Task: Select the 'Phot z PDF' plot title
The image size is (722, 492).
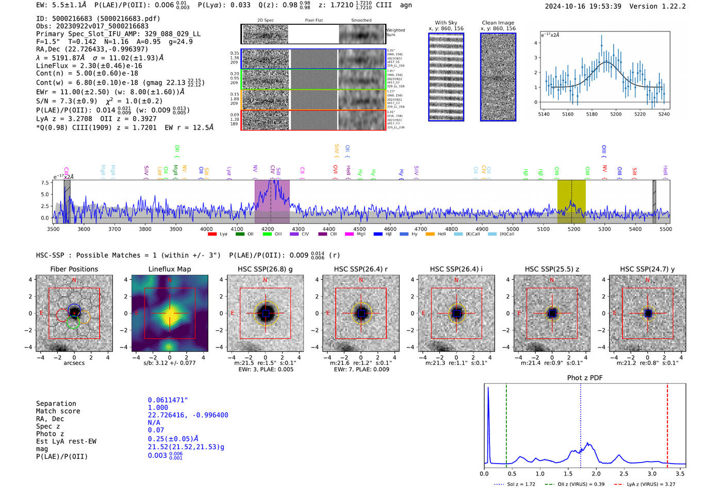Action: click(584, 377)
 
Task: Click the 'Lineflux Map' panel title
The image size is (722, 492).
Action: click(169, 269)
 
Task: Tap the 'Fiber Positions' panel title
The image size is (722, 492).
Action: click(74, 269)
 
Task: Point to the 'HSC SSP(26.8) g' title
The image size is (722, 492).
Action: click(265, 269)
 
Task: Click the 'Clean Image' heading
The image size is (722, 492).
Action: click(498, 23)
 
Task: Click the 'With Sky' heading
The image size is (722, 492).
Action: click(446, 23)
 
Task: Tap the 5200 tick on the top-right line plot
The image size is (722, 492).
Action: click(616, 114)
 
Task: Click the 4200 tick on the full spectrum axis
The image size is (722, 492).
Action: click(268, 229)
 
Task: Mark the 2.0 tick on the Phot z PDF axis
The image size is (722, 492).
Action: click(596, 473)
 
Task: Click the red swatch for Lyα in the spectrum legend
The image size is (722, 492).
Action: click(212, 234)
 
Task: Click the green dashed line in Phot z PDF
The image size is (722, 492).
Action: click(506, 423)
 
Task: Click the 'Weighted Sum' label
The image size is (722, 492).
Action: click(396, 33)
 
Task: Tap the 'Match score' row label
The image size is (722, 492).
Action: click(58, 411)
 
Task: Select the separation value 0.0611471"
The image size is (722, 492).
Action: click(168, 400)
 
